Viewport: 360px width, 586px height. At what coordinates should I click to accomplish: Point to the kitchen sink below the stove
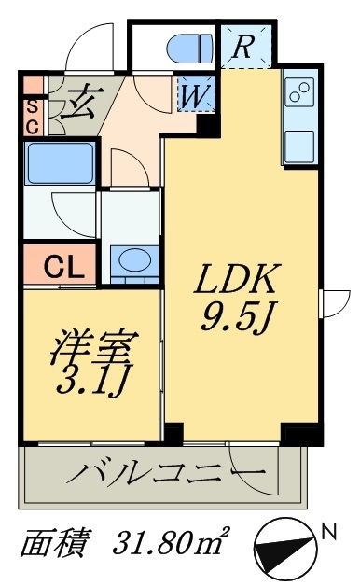pos(300,144)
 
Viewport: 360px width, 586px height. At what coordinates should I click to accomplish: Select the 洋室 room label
pos(92,349)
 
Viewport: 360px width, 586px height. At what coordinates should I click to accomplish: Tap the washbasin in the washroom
pos(132,261)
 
